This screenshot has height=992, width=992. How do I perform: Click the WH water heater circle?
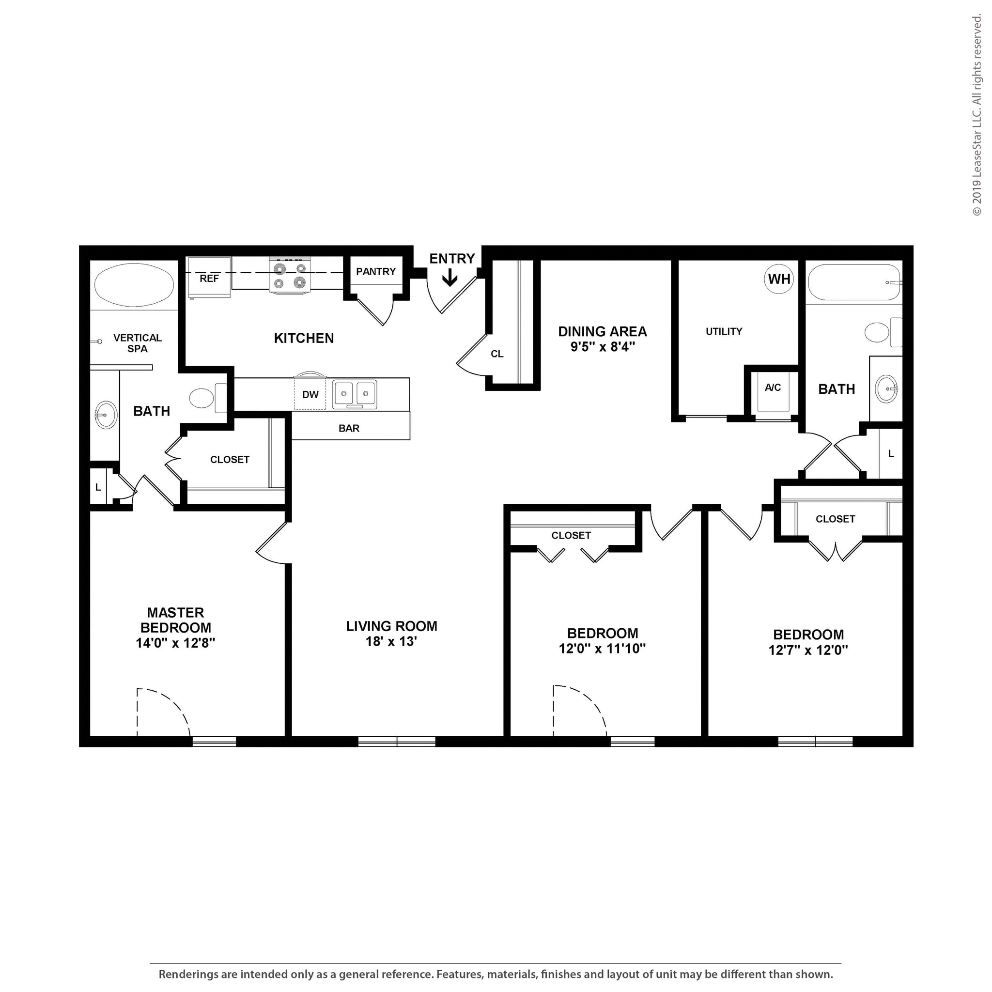778,279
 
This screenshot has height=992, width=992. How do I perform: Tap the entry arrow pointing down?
450,279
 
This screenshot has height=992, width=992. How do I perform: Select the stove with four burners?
290,276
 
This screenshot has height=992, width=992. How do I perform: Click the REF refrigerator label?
209,279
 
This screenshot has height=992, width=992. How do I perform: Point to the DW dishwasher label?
310,394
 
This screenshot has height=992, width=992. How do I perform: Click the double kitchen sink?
354,394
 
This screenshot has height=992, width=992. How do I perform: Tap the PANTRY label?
376,272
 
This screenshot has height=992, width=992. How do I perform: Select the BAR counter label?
349,428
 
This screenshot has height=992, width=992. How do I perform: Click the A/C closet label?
773,387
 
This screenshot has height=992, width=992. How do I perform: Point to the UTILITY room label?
724,332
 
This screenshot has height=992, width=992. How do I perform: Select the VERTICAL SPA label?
137,343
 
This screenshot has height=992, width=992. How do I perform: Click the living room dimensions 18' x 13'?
391,641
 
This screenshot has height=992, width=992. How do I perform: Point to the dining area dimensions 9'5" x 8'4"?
602,347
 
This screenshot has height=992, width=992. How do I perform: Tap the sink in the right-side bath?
886,388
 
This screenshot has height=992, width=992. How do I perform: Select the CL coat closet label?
496,354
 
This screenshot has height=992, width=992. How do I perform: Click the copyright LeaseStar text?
976,116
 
